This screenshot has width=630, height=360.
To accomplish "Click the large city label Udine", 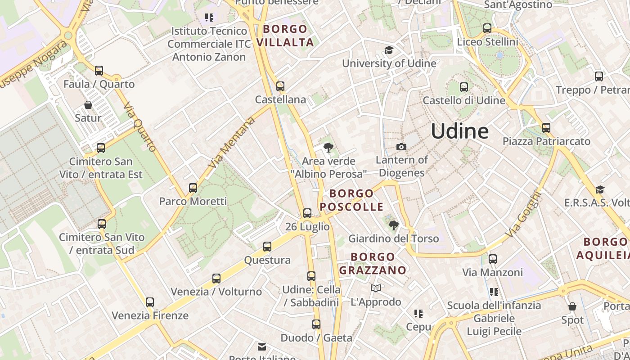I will pyautogui.click(x=459, y=131).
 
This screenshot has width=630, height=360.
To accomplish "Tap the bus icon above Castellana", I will pyautogui.click(x=280, y=86).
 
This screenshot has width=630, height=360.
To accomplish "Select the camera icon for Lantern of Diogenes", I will pyautogui.click(x=401, y=147).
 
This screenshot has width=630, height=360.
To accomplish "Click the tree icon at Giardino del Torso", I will pyautogui.click(x=394, y=225).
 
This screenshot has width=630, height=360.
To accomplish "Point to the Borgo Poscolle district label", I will pyautogui.click(x=351, y=200).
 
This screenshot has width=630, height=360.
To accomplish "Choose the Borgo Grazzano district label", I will pyautogui.click(x=373, y=264).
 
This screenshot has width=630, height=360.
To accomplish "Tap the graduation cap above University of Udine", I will pyautogui.click(x=389, y=50).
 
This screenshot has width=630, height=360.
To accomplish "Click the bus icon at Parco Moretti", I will pyautogui.click(x=193, y=188).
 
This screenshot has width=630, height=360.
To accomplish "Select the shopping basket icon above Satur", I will pyautogui.click(x=88, y=105).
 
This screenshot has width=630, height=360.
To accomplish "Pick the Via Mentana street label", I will pyautogui.click(x=232, y=143).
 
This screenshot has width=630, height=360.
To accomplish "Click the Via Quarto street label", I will pyautogui.click(x=139, y=127).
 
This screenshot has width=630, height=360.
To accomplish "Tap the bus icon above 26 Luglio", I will pyautogui.click(x=307, y=213).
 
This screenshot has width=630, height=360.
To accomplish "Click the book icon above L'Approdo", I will pyautogui.click(x=376, y=288).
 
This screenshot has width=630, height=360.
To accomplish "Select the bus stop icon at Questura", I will pyautogui.click(x=267, y=246).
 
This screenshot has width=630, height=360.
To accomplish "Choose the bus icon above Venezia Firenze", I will pyautogui.click(x=150, y=302).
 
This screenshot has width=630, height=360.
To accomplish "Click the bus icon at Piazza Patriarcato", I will pyautogui.click(x=546, y=127).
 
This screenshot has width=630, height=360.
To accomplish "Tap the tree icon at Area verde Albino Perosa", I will pyautogui.click(x=328, y=147).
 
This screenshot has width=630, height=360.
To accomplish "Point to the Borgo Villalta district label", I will pyautogui.click(x=285, y=36).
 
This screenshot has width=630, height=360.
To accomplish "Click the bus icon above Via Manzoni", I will pyautogui.click(x=493, y=259).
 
